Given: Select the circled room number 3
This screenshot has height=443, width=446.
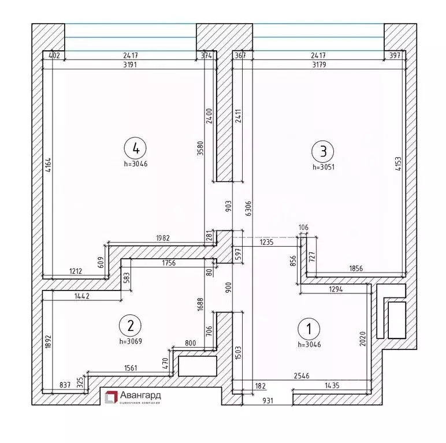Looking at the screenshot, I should (x=323, y=151).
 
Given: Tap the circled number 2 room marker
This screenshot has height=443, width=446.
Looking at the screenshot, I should (x=131, y=325).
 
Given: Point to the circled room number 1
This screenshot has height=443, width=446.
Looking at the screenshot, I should (x=309, y=329).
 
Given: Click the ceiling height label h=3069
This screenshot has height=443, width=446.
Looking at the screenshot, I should (x=131, y=341).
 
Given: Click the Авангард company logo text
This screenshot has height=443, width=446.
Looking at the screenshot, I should (x=141, y=395).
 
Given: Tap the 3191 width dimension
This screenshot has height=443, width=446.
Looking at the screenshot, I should (x=132, y=65).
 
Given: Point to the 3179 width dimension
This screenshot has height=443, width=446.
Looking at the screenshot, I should (x=318, y=65).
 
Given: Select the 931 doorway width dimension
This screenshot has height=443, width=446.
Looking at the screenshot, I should (x=267, y=400).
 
